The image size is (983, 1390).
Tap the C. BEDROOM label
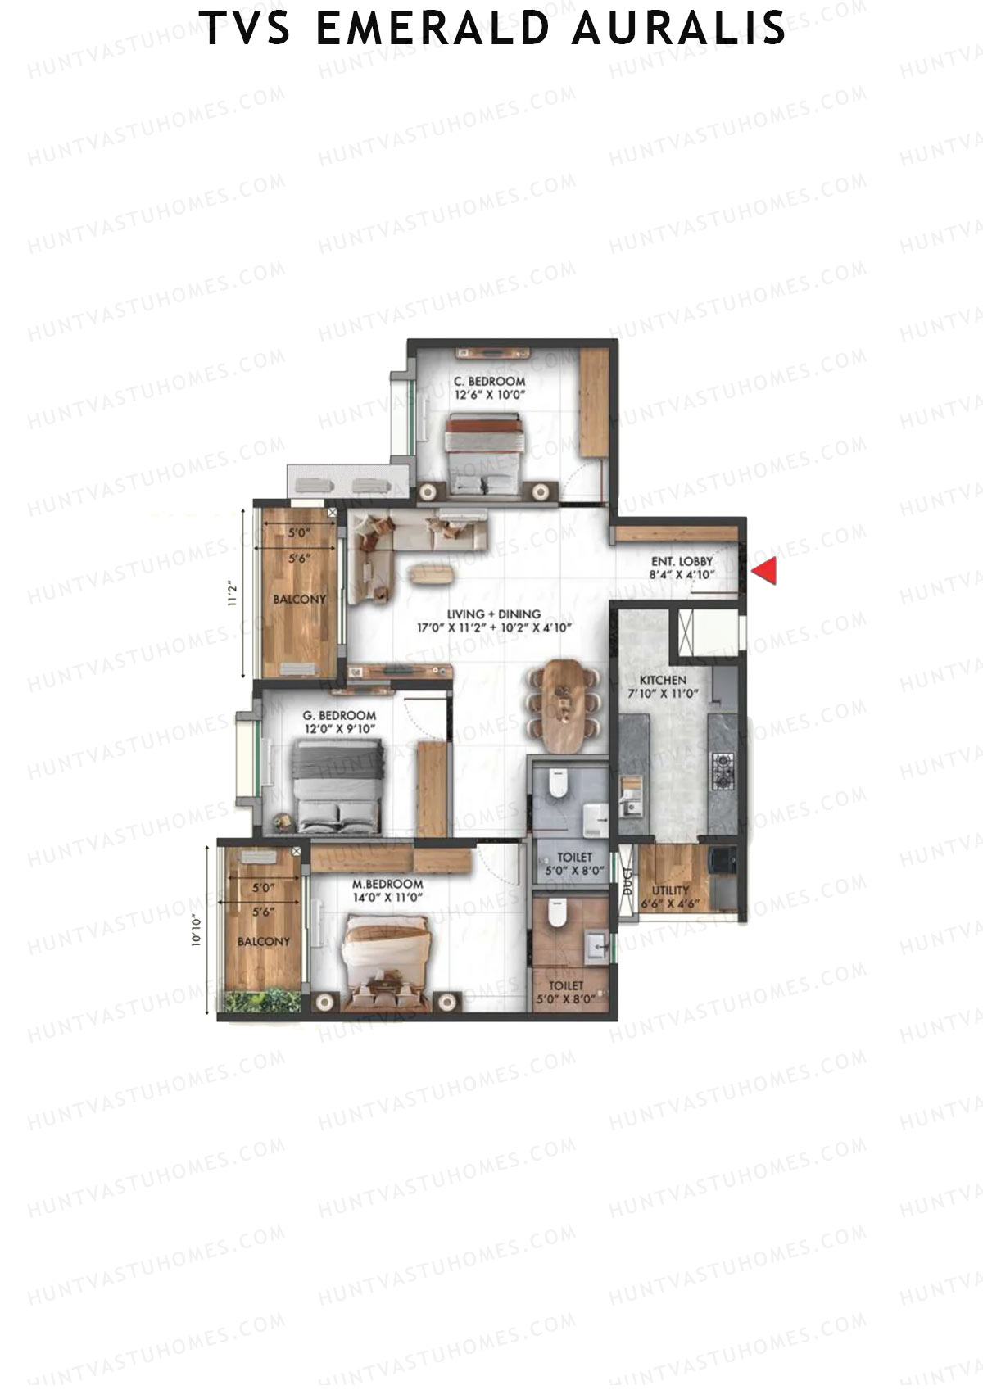pos(489,381)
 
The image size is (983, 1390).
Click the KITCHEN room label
pos(663,680)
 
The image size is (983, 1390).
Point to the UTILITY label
pos(670,890)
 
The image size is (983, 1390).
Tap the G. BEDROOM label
pos(340,715)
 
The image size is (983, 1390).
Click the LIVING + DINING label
pos(493,614)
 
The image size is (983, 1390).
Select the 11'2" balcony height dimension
pos(233,593)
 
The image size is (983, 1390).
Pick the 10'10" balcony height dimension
pos(197,930)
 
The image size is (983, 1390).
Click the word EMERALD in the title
pos(433,29)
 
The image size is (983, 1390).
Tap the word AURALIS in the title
pos(679,29)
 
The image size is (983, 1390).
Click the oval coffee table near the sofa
pos(431,574)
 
